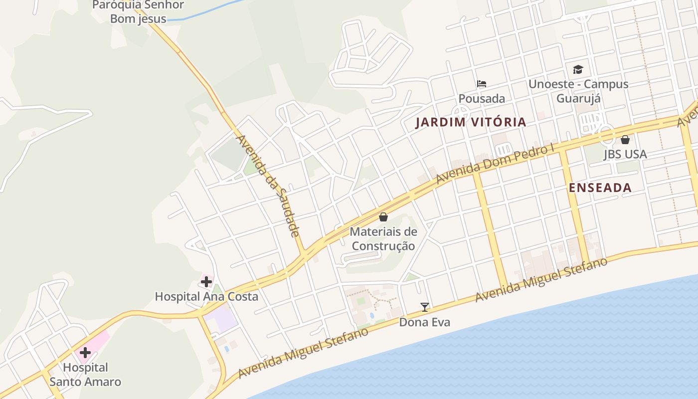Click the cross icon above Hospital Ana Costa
point(206,282)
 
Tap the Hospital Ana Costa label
point(206,297)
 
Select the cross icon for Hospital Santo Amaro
point(85,353)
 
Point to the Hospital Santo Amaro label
point(85,375)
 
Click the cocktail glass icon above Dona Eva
point(425,307)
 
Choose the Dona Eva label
point(425,322)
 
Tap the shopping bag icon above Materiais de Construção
point(383,217)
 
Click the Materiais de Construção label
point(383,239)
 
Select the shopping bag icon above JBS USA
point(625,140)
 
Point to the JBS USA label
point(625,154)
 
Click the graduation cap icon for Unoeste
point(578,69)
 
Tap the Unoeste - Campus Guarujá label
point(578,91)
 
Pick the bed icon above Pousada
point(482,84)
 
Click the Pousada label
point(482,98)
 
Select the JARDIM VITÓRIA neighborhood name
point(471,122)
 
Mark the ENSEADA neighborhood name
point(600,188)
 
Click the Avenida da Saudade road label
point(268,186)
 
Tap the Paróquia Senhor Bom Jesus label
point(138,12)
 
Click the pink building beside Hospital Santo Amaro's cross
point(99,342)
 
